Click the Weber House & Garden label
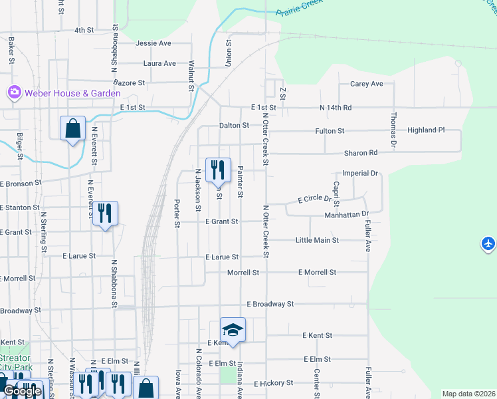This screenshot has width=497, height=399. click(x=72, y=93)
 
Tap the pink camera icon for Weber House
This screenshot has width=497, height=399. click(x=13, y=92)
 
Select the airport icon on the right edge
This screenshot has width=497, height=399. click(x=488, y=244)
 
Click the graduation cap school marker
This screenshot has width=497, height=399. click(x=233, y=330)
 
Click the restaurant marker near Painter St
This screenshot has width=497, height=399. click(x=217, y=170)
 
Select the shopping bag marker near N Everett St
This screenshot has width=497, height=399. click(x=72, y=128)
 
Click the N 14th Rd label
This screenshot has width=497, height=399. click(x=336, y=107)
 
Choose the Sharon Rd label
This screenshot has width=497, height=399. click(x=360, y=153)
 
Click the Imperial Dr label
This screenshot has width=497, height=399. click(x=359, y=174)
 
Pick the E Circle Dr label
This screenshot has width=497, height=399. click(x=314, y=199)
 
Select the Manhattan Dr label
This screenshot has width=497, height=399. click(x=346, y=215)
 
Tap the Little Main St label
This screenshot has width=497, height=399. click(x=317, y=239)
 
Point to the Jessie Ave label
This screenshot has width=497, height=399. click(x=153, y=43)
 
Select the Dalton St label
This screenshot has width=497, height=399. click(x=234, y=125)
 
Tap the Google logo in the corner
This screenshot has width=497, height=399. click(x=22, y=392)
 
